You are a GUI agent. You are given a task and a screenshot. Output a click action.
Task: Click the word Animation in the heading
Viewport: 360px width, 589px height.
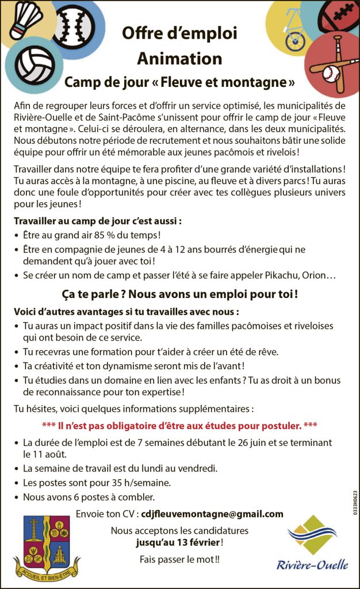click(x=179, y=59)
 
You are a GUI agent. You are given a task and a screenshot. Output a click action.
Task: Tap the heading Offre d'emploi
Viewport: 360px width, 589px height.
click(x=179, y=33)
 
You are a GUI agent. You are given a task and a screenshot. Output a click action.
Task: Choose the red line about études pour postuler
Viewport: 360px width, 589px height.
click(x=179, y=426)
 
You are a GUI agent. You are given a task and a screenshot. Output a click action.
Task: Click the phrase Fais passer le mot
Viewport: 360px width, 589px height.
click(x=179, y=559)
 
